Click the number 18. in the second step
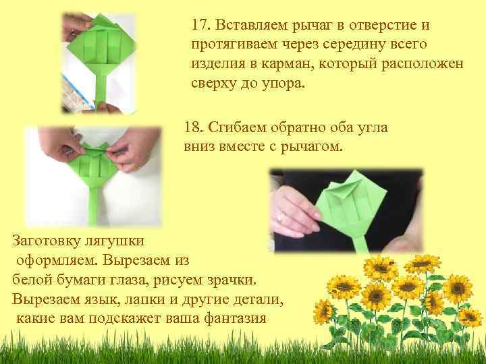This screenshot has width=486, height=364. [195, 127]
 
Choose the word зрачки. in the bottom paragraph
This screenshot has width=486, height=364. [233, 279]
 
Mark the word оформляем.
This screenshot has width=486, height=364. [52, 260]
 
